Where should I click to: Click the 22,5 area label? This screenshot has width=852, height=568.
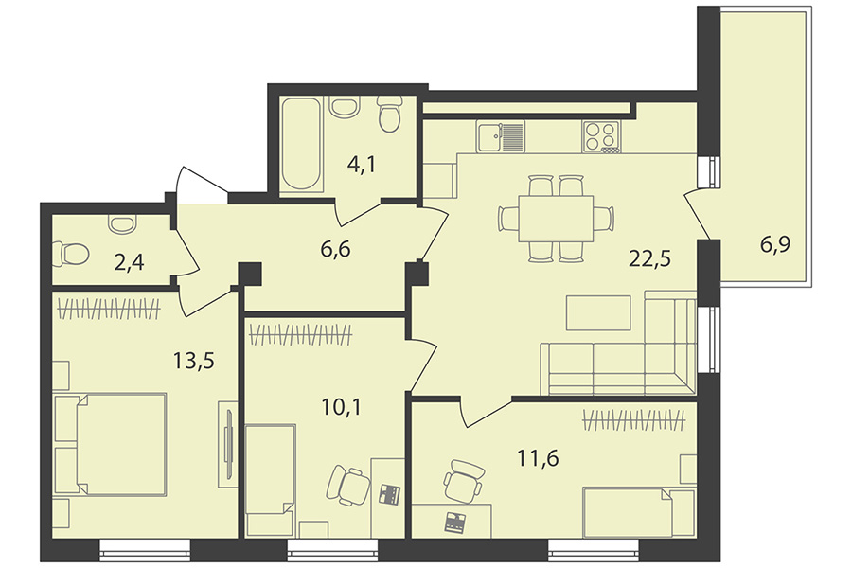tap(649, 258)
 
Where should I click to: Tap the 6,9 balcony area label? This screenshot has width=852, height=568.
tap(774, 245)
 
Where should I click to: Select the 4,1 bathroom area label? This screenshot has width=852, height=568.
tap(362, 163)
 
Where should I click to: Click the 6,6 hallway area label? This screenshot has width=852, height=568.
tap(335, 250)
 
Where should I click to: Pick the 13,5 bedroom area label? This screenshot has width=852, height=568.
tap(193, 360)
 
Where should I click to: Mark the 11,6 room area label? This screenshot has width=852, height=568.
tap(538, 458)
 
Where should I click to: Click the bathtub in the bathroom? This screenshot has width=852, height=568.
tap(302, 144)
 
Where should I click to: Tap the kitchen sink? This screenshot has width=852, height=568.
tap(501, 136)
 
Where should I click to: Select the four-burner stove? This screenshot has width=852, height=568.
tap(601, 136)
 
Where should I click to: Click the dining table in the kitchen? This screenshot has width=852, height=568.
tap(557, 219)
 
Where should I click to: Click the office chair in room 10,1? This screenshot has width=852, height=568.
tap(347, 485)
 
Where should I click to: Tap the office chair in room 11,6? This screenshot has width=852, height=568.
tap(462, 481)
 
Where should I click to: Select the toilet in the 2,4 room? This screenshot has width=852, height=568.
tap(70, 254)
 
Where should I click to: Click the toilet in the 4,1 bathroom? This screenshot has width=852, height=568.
tap(390, 114)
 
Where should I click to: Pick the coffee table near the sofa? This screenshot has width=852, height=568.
tap(598, 312)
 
